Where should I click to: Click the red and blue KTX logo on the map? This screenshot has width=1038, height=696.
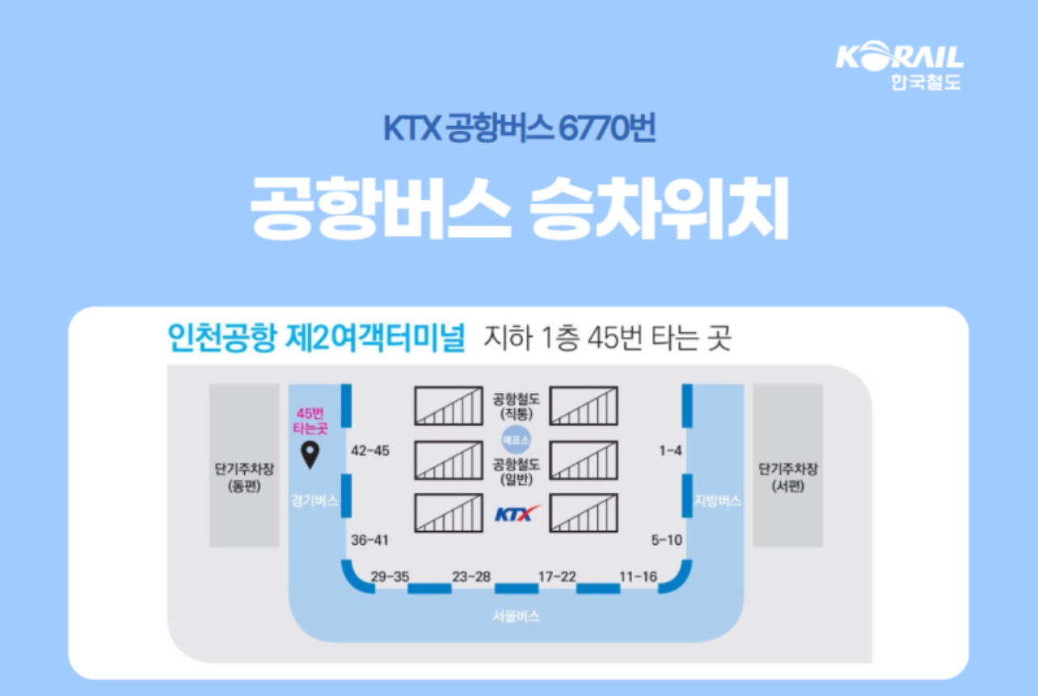[x=517, y=513]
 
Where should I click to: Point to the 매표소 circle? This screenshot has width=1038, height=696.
[x=516, y=440]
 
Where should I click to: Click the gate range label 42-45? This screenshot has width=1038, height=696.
[x=370, y=451]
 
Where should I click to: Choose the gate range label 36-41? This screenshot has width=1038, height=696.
[x=370, y=540]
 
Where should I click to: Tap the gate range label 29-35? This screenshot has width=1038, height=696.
[x=390, y=576]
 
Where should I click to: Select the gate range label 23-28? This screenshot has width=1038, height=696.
[x=471, y=576]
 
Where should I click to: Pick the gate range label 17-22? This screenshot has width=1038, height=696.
[x=557, y=576]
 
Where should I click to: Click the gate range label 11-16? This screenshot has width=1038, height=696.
[x=638, y=576]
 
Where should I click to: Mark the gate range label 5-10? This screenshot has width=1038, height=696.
[x=667, y=540]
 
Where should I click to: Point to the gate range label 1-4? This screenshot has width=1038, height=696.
[x=671, y=451]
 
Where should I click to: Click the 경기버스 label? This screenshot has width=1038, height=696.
[x=314, y=501]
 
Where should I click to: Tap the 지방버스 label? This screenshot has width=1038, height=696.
[x=718, y=501]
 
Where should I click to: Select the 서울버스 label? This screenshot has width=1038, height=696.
[x=516, y=617]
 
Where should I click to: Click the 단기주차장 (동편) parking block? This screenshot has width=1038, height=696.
[x=243, y=466]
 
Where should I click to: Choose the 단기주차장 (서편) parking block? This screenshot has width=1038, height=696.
[x=787, y=466]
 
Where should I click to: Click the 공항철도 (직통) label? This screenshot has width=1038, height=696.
[x=517, y=405]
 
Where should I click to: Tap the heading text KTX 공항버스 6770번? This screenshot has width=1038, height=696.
[x=519, y=129]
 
